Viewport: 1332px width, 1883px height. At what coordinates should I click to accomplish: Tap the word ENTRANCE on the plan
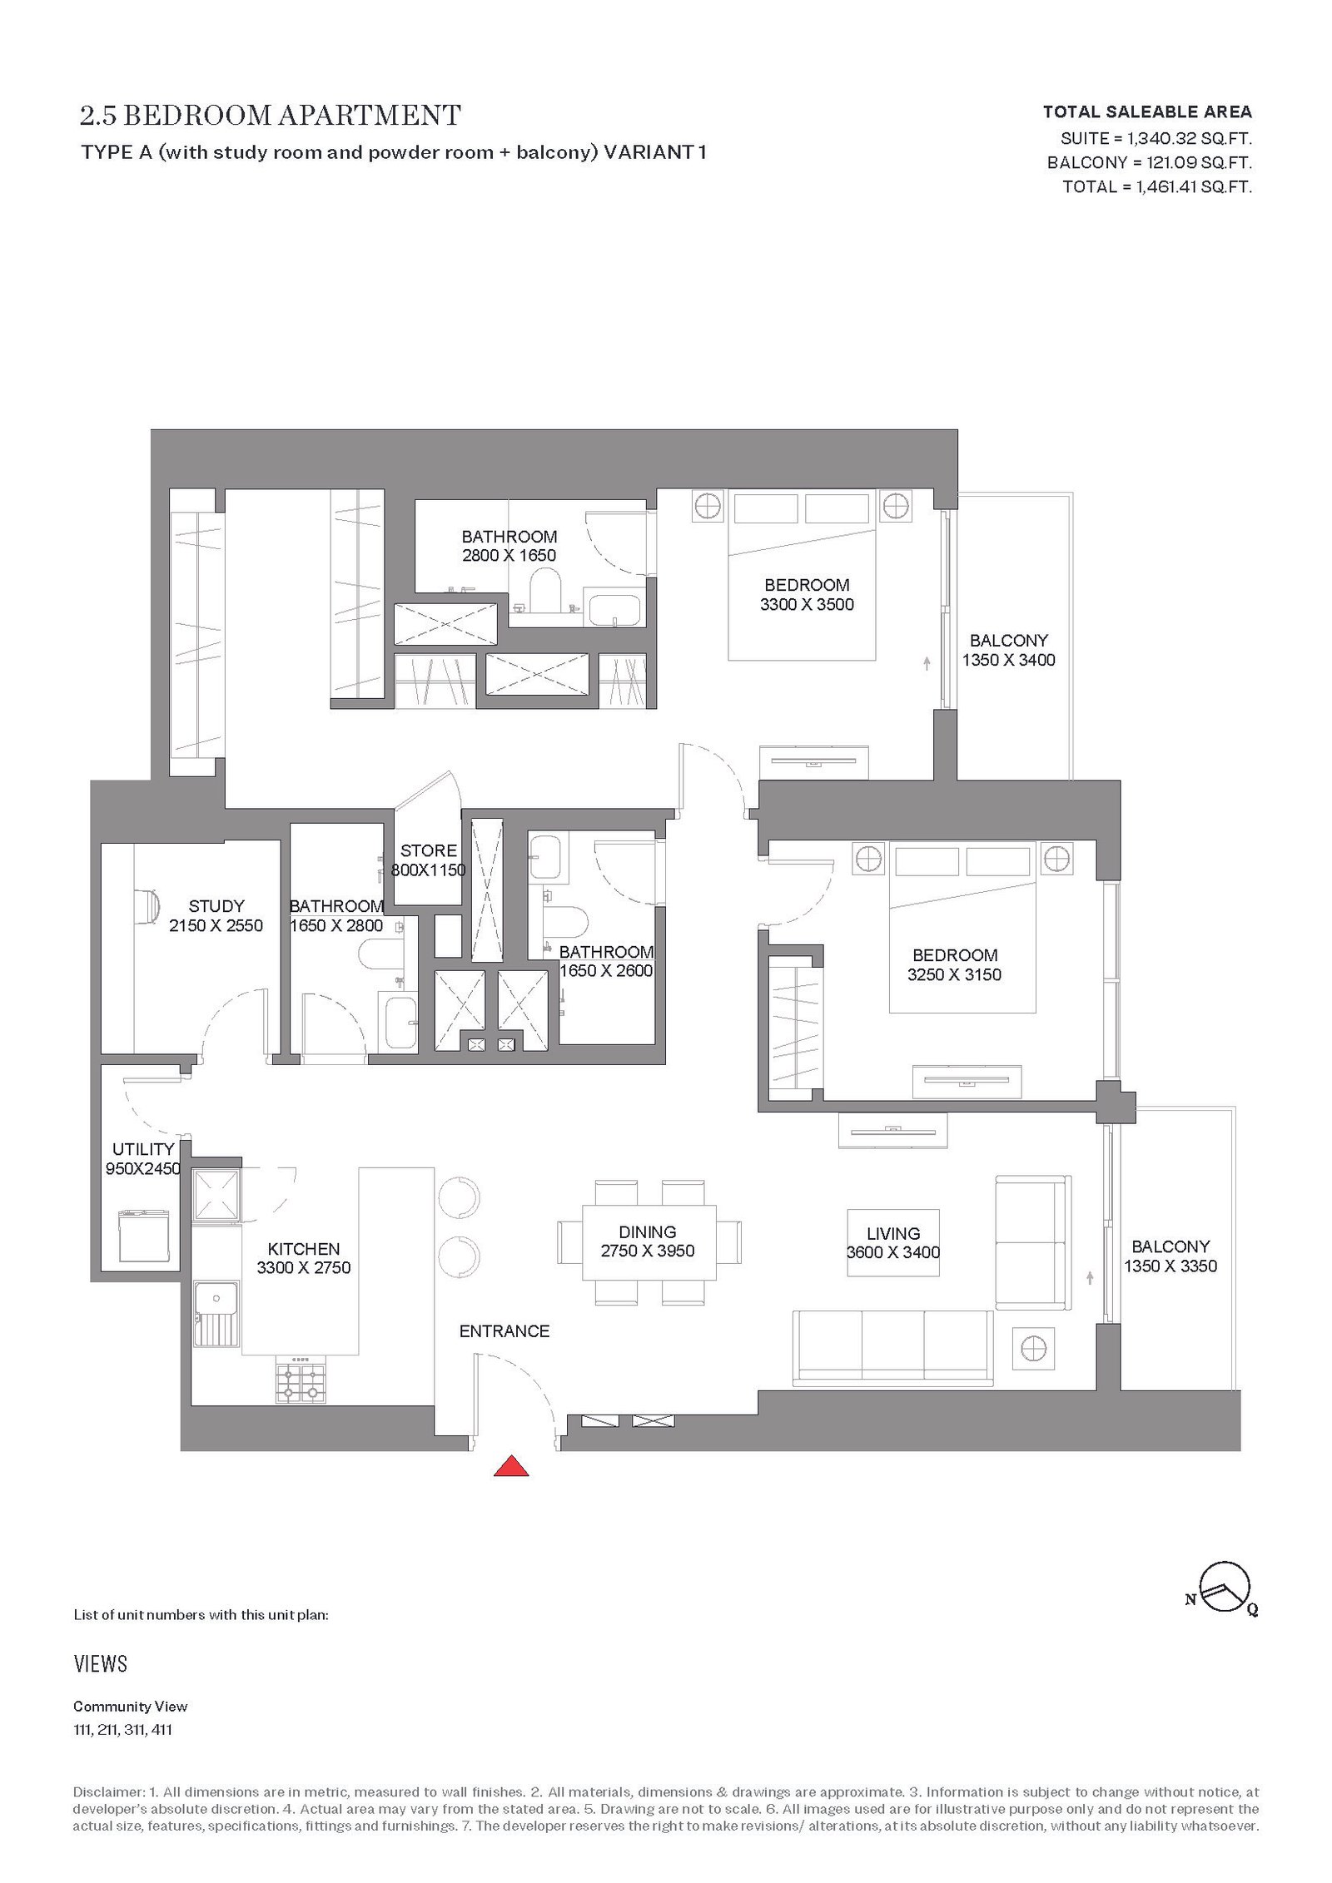504,1331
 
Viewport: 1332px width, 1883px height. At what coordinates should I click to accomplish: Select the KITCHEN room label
304,1249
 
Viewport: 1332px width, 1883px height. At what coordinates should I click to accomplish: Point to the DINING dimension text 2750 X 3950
648,1251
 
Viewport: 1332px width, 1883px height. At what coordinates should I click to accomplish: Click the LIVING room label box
893,1243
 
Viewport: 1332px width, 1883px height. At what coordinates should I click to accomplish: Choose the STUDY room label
216,906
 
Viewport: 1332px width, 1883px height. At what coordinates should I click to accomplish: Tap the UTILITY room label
143,1149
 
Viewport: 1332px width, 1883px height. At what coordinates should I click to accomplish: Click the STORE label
429,850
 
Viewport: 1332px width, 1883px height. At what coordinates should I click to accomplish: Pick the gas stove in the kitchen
301,1380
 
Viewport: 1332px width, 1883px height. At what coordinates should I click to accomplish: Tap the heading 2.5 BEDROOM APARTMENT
271,116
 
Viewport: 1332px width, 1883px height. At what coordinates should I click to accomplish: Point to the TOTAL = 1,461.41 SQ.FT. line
1157,186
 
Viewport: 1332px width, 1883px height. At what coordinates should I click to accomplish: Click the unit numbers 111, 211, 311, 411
123,1730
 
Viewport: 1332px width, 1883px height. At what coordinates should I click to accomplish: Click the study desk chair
147,905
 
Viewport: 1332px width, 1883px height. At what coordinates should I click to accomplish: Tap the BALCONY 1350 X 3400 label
1009,650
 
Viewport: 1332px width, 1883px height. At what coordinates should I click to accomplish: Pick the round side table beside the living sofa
1033,1349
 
